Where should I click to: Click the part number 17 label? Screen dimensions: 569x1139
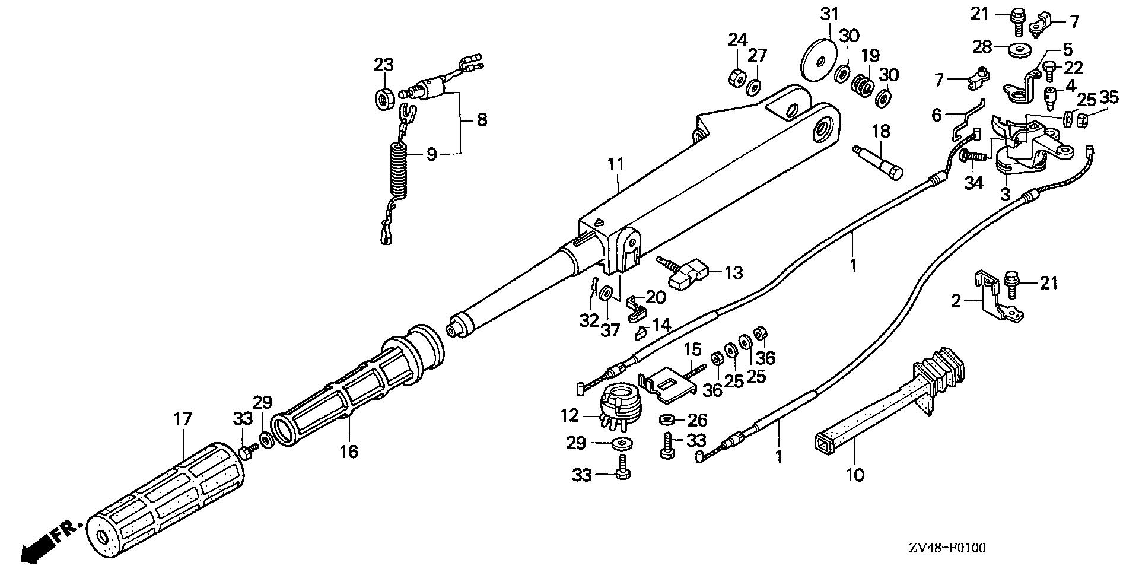coord(183,419)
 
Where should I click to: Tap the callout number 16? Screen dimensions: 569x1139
coord(349,452)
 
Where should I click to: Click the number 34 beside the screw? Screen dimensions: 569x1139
coord(973,183)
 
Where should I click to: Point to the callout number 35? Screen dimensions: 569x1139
coord(1109,97)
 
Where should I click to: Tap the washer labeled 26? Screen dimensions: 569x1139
coord(666,420)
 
